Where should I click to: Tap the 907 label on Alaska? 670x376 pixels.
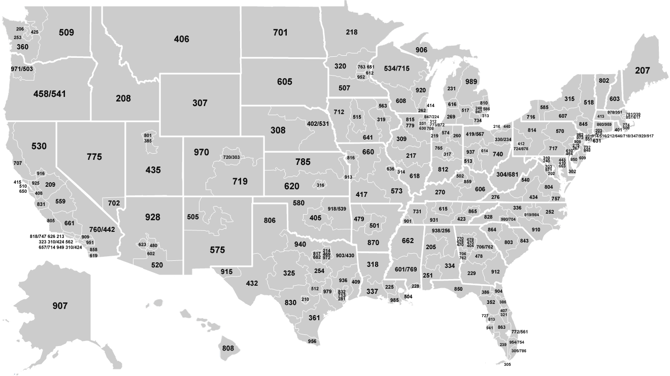(59, 306)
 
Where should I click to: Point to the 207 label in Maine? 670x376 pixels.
(642, 71)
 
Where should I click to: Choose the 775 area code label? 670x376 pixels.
(94, 157)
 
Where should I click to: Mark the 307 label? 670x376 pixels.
(200, 103)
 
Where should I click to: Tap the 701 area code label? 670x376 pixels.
(280, 33)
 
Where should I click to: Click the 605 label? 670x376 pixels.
(285, 82)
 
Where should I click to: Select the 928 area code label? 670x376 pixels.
(152, 218)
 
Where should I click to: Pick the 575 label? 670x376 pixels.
(218, 250)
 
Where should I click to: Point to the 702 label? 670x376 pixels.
(114, 203)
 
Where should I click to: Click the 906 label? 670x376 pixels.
(421, 50)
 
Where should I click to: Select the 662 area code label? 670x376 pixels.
(408, 241)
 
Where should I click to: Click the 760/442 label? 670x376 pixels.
(103, 230)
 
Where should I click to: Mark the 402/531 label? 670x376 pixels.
(318, 123)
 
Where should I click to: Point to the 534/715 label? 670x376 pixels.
(397, 69)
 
